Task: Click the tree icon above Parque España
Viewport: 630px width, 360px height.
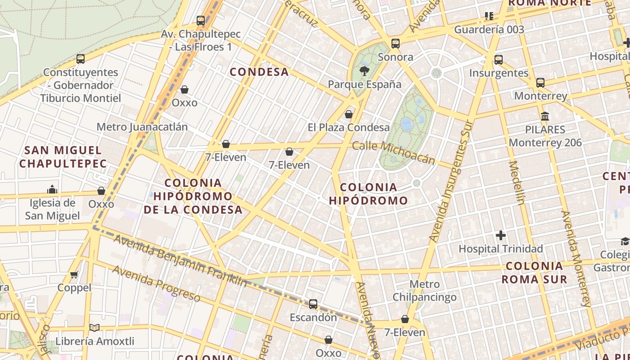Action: coord(364,70)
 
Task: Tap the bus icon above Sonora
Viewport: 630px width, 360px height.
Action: coord(396,44)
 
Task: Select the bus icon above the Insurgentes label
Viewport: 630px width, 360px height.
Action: coord(498,59)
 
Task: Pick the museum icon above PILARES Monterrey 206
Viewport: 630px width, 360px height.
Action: coord(545,117)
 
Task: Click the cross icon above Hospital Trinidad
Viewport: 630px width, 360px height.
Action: coord(500,235)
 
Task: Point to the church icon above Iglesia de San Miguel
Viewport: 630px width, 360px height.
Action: coord(52,189)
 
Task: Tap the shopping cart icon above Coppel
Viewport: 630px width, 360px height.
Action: coord(74,274)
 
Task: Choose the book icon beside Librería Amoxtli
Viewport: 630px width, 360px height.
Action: coord(94,328)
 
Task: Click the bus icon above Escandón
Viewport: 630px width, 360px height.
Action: coord(313,304)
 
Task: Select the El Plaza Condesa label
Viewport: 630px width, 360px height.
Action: coord(348,127)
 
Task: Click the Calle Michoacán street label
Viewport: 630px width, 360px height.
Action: coord(393,152)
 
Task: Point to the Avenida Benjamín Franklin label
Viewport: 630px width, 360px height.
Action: coord(180,261)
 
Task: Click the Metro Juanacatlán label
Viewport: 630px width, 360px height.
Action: coord(142,126)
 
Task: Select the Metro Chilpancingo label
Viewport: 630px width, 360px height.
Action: coord(424,291)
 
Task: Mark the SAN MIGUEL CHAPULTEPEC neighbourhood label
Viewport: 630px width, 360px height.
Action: coord(63,157)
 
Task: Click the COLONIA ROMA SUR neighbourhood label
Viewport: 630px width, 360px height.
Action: coord(534,272)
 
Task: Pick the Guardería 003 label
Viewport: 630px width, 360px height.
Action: coord(489,30)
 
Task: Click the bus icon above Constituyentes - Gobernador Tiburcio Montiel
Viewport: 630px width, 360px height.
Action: coord(81,58)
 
